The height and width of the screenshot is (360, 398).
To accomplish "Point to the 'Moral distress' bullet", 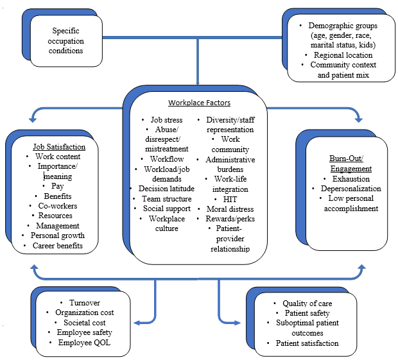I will [x=230, y=209].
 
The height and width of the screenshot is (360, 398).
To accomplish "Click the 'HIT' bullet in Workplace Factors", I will [x=230, y=198].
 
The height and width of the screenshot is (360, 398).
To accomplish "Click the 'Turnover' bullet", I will [x=88, y=302].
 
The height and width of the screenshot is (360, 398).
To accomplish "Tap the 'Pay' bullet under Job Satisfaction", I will [x=58, y=186].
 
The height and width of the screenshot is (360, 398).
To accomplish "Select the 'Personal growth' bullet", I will [x=57, y=236].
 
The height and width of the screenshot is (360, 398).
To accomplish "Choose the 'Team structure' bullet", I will [x=165, y=198].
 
